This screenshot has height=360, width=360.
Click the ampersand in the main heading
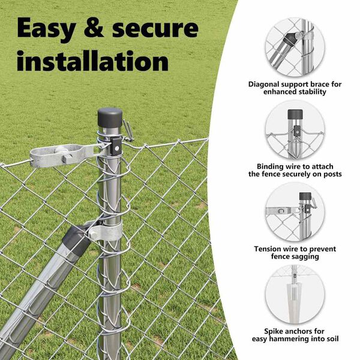click(94, 29)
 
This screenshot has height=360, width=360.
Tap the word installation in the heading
click(93, 61)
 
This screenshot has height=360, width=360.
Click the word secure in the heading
click(155, 29)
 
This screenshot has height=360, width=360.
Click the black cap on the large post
click(110, 118)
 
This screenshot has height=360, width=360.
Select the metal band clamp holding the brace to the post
click(106, 231)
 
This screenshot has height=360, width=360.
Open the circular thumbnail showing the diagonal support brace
click(295, 47)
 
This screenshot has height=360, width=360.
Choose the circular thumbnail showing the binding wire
click(295, 130)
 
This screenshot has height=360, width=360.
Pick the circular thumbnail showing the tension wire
click(295, 212)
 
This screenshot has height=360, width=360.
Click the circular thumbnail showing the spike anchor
click(295, 295)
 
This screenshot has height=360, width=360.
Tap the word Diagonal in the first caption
click(263, 85)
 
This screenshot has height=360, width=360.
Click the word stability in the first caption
click(313, 92)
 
